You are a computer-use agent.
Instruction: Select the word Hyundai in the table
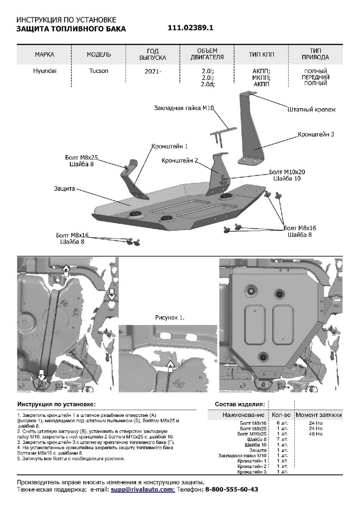(45, 71)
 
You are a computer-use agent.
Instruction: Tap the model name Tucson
(99, 71)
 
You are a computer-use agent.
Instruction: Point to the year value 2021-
(153, 72)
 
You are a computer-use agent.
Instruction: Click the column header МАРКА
(45, 55)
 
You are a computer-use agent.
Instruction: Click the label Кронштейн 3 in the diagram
(316, 134)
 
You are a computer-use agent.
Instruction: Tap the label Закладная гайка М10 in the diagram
(183, 109)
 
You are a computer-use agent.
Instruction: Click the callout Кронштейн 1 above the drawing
(170, 146)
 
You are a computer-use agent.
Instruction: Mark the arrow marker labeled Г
(42, 375)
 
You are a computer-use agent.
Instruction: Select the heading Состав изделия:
(240, 403)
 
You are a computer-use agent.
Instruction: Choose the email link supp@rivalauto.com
(142, 489)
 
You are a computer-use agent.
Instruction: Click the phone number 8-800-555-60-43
(232, 489)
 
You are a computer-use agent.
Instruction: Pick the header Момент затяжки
(319, 415)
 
